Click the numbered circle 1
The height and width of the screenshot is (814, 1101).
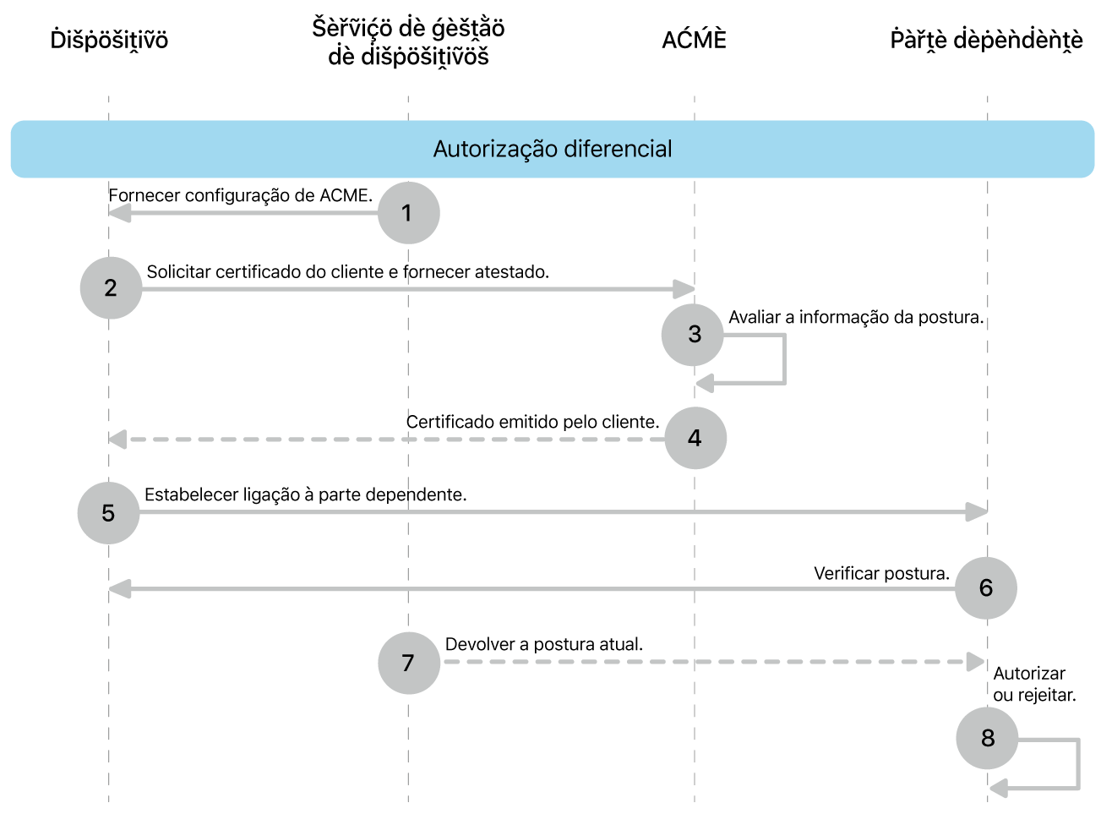408,213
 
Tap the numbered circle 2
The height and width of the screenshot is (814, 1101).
111,288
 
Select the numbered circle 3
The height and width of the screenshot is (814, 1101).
694,335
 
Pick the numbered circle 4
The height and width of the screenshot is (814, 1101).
695,438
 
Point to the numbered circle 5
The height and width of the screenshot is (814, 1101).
108,513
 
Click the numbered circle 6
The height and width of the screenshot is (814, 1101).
985,588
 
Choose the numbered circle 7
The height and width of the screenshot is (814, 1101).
408,663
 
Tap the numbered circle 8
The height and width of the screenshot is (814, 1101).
987,738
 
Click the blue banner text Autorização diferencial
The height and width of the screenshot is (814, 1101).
553,149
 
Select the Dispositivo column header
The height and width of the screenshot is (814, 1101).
109,40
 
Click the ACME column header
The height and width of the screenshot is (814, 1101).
694,40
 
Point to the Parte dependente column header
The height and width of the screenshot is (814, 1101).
986,40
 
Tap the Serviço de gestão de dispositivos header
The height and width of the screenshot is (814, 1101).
408,42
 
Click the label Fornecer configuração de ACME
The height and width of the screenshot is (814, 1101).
240,195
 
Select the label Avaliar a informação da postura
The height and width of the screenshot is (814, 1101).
856,317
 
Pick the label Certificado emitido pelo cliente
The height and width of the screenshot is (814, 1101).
532,422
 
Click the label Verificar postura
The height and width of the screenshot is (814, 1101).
881,573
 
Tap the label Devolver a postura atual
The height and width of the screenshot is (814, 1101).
543,644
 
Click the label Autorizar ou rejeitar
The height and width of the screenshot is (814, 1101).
1033,685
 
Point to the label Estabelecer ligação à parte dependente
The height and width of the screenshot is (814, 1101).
305,494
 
